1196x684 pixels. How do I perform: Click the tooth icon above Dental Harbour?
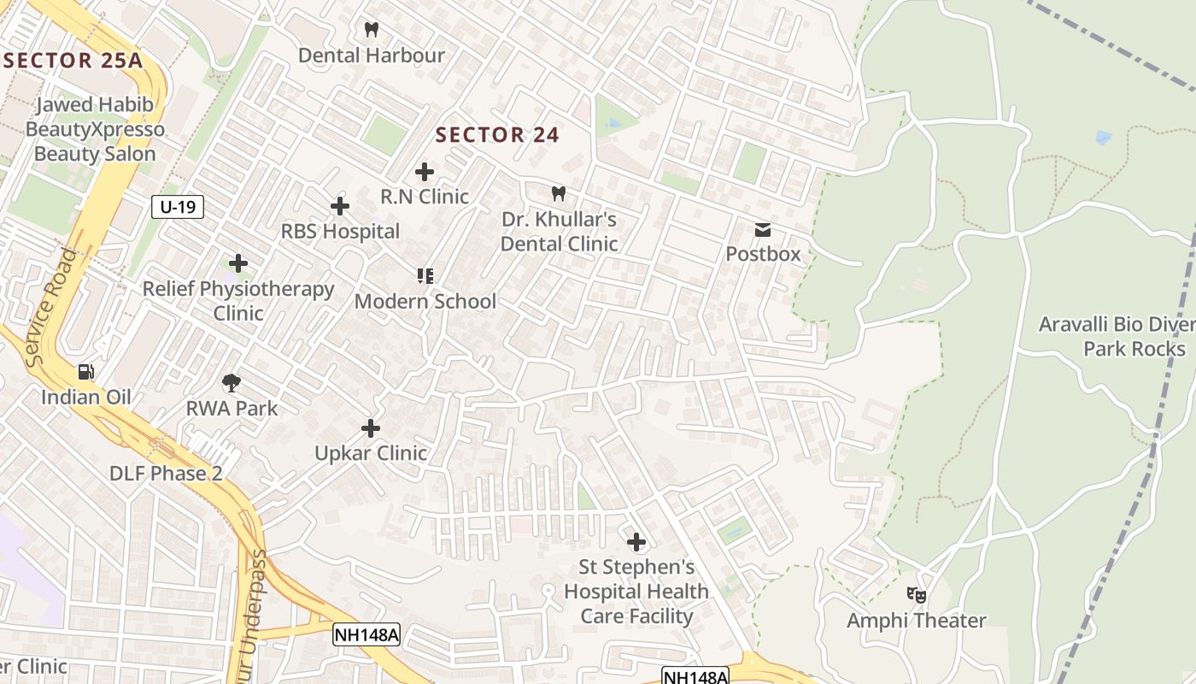371,30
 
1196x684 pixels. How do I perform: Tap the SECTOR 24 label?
497,135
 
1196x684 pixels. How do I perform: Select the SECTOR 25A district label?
72,61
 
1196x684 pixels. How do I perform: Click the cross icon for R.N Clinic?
425,172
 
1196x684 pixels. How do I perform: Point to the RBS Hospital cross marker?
340,206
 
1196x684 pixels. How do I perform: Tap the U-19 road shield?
178,206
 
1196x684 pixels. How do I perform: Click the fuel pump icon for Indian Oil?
86,372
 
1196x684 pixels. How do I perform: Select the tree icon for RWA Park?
232,382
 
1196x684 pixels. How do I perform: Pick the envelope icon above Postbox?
763,229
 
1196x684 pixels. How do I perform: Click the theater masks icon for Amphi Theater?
917,594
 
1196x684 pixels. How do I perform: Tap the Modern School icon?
425,275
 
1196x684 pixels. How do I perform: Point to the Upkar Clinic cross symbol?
371,427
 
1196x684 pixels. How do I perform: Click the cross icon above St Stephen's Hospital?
636,541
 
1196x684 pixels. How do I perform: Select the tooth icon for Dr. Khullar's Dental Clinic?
559,194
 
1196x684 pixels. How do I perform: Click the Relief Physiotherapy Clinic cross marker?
238,263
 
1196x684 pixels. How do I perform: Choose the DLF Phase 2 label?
166,474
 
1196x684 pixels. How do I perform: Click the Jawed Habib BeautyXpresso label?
95,129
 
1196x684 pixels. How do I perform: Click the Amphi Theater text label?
917,621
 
